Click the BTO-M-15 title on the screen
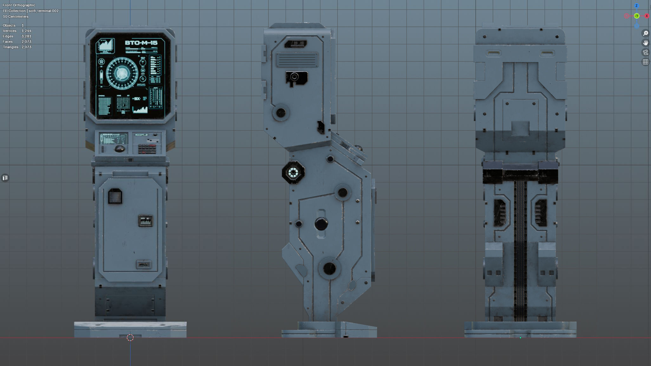[141, 43]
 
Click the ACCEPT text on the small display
[141, 135]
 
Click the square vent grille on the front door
[115, 196]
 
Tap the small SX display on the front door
[146, 221]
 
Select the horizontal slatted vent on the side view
[297, 60]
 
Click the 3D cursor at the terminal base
[130, 338]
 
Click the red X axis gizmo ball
[647, 16]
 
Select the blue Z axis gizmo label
[636, 6]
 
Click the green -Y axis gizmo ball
[636, 16]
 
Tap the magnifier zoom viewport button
[645, 33]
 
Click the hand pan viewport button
[645, 43]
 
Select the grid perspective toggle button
[645, 62]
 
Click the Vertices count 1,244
[26, 31]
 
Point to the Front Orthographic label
[19, 5]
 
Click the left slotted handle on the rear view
[493, 53]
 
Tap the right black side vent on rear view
[540, 212]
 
